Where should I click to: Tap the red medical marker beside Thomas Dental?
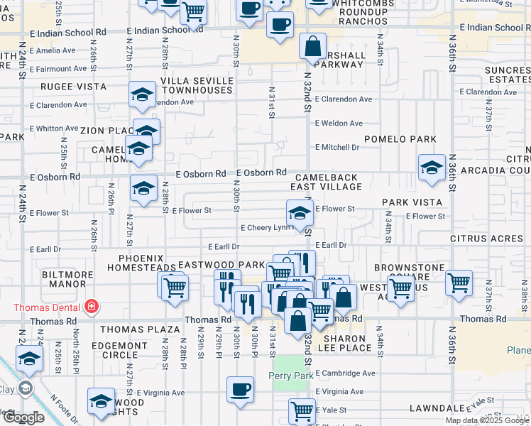click(91, 307)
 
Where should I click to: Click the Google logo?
click(23, 417)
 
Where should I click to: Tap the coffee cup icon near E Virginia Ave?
click(240, 388)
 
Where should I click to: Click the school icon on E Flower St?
click(300, 212)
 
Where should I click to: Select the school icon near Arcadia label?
click(432, 168)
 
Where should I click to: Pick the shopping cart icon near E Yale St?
click(302, 411)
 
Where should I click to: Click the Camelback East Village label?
click(326, 181)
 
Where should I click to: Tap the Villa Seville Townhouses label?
click(197, 86)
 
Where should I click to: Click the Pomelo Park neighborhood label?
click(394, 139)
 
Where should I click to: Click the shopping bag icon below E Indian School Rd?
click(312, 47)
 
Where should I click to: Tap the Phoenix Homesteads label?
click(141, 263)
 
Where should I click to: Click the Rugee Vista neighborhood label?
click(78, 87)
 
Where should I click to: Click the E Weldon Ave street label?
click(339, 123)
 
